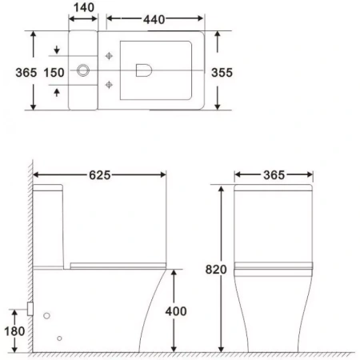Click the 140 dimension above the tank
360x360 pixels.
(x=83, y=8)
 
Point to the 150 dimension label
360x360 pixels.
(x=54, y=72)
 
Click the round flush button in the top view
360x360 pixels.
(x=82, y=71)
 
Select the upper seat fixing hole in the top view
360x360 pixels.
(x=109, y=56)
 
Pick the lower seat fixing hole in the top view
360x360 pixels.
(x=109, y=86)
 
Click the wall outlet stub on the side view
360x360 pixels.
(x=30, y=306)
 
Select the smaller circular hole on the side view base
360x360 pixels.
(x=60, y=338)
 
